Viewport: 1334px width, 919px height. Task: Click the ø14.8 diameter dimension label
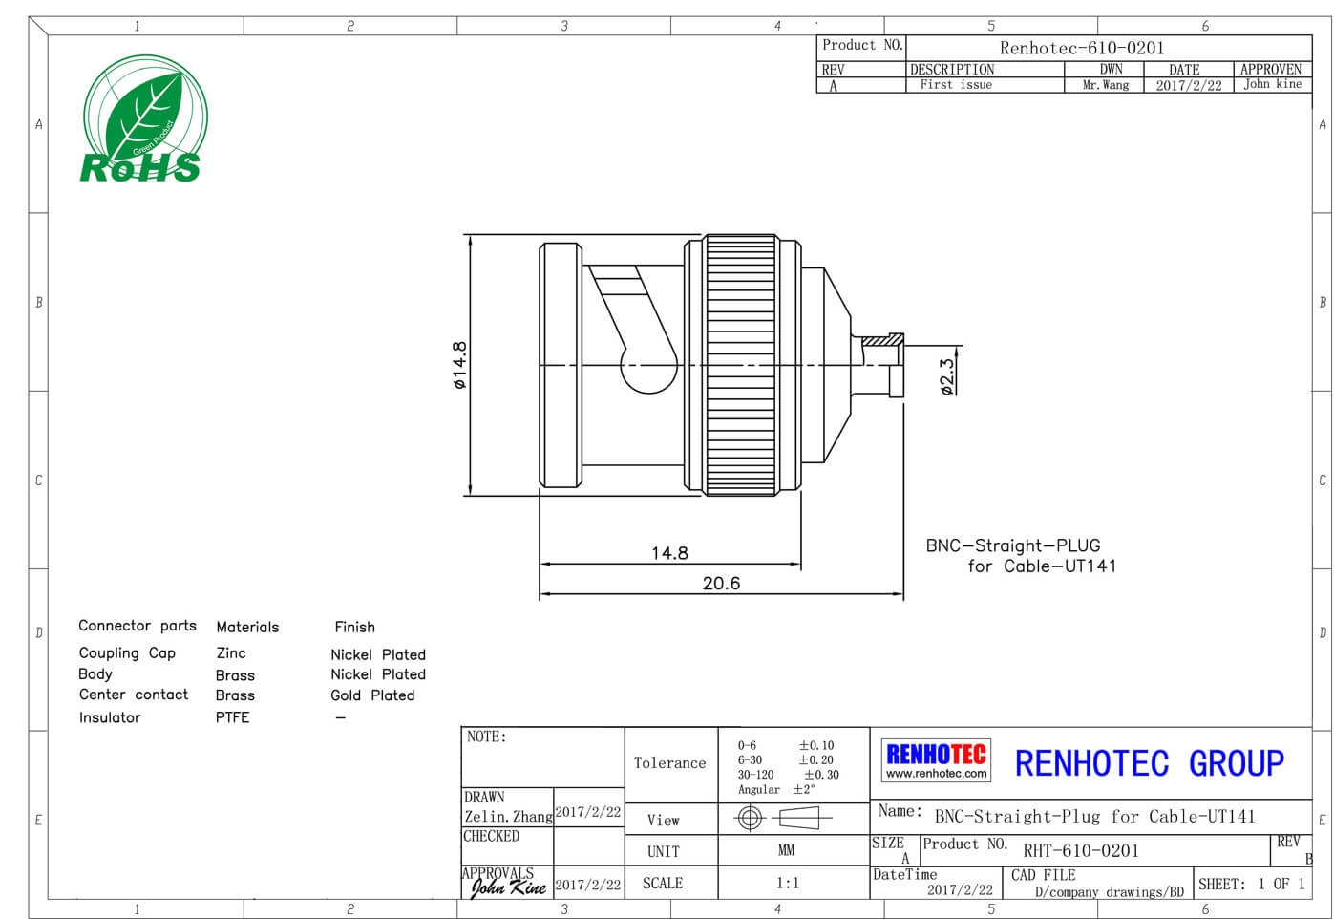coord(459,365)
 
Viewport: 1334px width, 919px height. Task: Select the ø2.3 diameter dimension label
coord(947,376)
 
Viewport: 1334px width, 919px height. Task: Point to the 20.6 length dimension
coord(721,583)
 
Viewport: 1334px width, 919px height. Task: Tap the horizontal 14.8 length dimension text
coord(669,553)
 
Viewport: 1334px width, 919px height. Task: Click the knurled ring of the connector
coord(741,365)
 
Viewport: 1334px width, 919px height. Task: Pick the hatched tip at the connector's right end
coord(882,341)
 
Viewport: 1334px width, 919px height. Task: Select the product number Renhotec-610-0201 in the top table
coord(1082,48)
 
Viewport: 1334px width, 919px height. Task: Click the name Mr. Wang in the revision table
coord(1106,85)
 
